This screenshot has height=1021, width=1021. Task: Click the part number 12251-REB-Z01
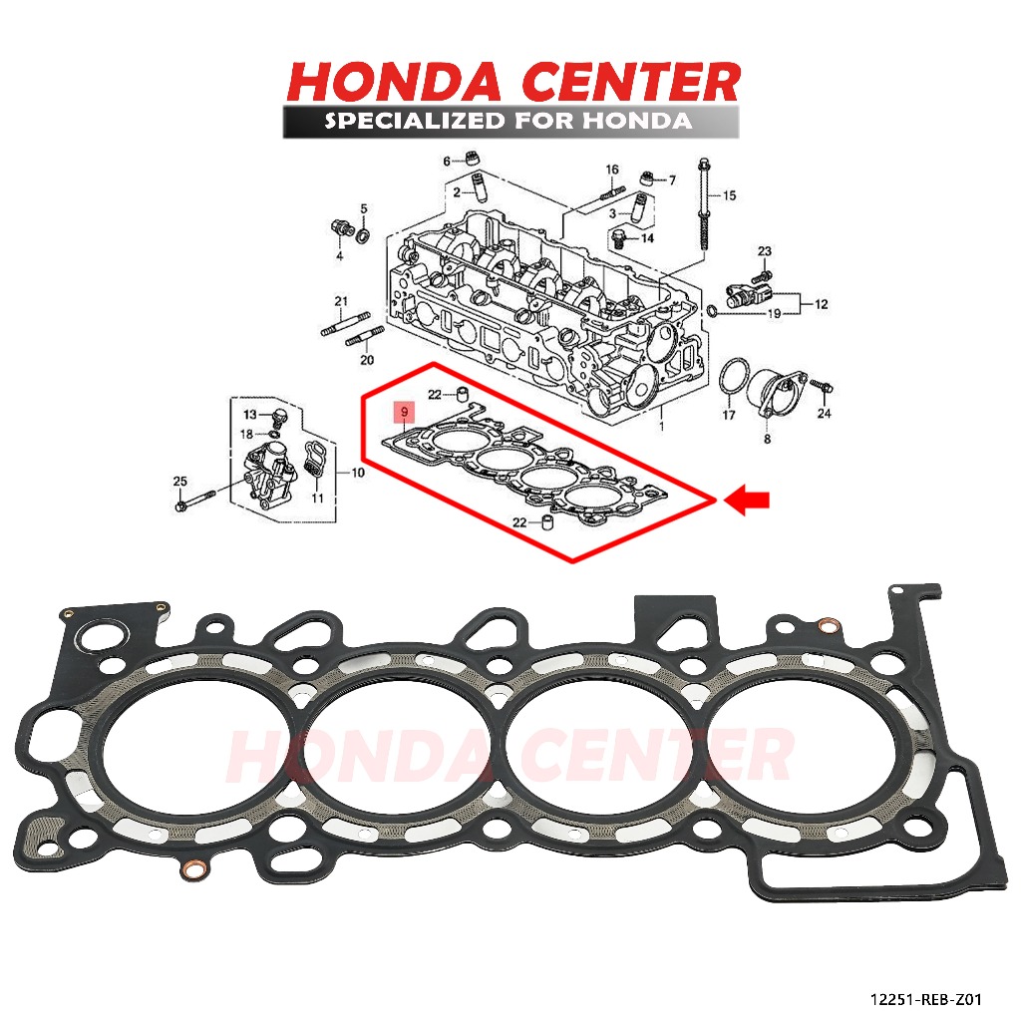(928, 997)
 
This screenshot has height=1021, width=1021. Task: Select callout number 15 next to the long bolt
(729, 195)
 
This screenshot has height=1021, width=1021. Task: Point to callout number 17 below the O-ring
(729, 415)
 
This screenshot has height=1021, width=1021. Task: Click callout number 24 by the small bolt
(824, 413)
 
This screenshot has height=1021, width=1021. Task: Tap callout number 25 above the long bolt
(180, 483)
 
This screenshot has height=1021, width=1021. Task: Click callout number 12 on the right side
(822, 304)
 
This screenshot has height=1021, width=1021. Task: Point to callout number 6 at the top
(447, 160)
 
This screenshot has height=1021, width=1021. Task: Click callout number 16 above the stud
(612, 170)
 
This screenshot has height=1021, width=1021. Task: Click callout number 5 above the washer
(364, 208)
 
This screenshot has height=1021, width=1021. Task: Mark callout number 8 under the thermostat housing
(767, 438)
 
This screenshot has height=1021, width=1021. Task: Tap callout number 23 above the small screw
(765, 250)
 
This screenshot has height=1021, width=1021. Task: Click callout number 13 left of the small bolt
(250, 414)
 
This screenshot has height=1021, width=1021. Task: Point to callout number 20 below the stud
(366, 360)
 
